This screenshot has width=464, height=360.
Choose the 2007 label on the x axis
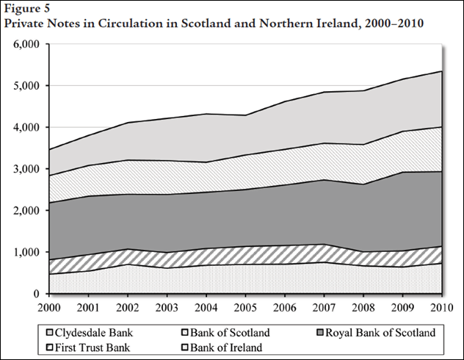324,307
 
